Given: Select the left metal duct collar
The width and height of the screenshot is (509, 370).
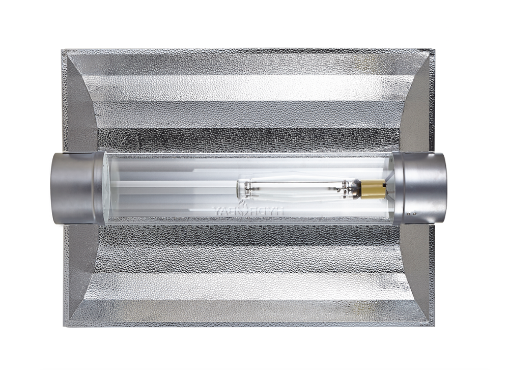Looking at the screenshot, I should pos(76,188).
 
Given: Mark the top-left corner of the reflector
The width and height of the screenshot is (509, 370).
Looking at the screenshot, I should pos(63,51).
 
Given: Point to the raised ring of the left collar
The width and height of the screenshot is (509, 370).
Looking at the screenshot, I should pos(99,188).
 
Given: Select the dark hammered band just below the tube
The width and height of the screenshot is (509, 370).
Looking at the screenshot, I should pos(244,237).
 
